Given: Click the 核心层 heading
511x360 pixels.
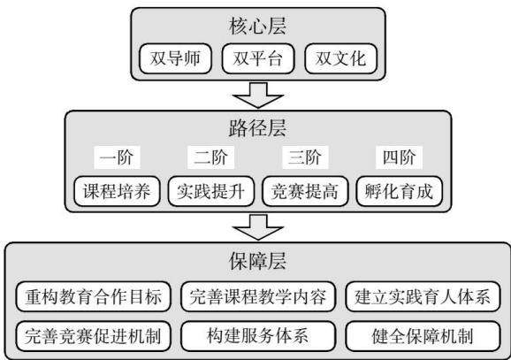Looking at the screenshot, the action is tap(257, 26).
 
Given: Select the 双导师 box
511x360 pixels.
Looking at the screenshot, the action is tap(175, 58).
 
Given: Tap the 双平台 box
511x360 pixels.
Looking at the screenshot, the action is tap(258, 58).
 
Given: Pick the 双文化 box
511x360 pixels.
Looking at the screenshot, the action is tap(341, 58).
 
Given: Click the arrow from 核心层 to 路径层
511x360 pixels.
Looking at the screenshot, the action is tap(258, 95).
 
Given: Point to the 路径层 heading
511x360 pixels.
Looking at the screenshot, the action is tap(257, 128).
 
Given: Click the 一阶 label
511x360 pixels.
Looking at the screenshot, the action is tap(117, 157).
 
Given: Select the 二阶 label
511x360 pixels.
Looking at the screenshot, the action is tap(210, 157).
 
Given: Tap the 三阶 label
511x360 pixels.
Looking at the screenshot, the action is tap(305, 157).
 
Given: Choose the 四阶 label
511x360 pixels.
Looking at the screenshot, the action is tap(399, 157).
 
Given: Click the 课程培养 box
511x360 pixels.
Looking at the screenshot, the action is tap(117, 191).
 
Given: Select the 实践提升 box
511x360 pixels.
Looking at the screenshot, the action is tap(211, 191).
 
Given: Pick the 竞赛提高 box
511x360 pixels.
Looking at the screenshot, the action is tap(305, 191).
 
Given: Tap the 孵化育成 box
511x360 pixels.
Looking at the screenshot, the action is tap(400, 191).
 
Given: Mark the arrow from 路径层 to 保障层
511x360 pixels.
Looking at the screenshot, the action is tap(258, 227).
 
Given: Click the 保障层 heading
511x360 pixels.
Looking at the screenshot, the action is tap(257, 261).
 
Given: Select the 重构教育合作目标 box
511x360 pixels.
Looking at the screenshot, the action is tap(93, 296).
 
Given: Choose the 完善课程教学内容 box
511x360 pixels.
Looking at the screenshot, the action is tap(258, 296).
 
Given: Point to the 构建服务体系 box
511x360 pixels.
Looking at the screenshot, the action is tap(258, 336).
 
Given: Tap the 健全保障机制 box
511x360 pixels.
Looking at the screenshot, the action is tap(423, 336).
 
